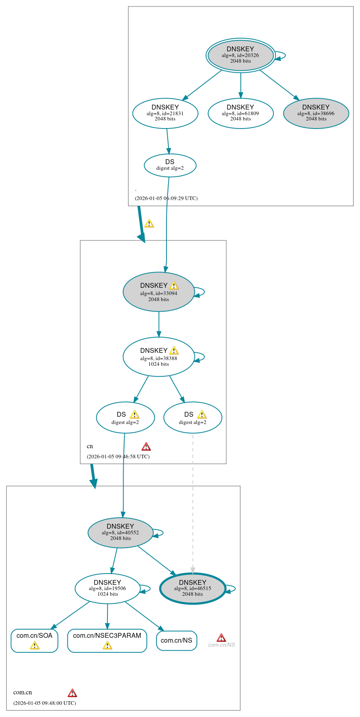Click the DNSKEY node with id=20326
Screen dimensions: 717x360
click(x=240, y=55)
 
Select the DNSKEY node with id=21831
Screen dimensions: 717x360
click(x=165, y=113)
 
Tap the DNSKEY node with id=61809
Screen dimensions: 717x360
click(x=240, y=113)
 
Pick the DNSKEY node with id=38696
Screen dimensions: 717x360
click(x=316, y=113)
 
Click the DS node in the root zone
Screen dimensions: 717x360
click(x=170, y=165)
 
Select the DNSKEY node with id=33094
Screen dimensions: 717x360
click(x=159, y=292)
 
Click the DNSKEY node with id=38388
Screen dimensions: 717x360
click(x=159, y=357)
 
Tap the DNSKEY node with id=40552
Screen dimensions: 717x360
click(x=120, y=533)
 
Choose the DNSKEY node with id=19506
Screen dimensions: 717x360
click(x=107, y=588)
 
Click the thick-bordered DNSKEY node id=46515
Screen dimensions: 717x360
click(x=193, y=588)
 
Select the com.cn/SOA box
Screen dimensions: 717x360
click(x=34, y=641)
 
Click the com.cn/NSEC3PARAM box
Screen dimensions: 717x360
click(x=107, y=641)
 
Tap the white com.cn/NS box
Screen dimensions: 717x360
click(x=177, y=641)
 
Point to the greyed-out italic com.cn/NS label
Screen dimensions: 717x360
click(x=221, y=645)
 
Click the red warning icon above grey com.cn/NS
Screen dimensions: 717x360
click(x=221, y=638)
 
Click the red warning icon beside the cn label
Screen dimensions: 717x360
click(x=146, y=447)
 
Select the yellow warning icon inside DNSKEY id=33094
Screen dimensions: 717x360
click(x=174, y=286)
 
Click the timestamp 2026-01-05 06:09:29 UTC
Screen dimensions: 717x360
click(x=166, y=198)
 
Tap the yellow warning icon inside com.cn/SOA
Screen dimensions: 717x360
click(x=35, y=646)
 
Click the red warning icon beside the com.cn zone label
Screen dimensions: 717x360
click(x=72, y=693)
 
